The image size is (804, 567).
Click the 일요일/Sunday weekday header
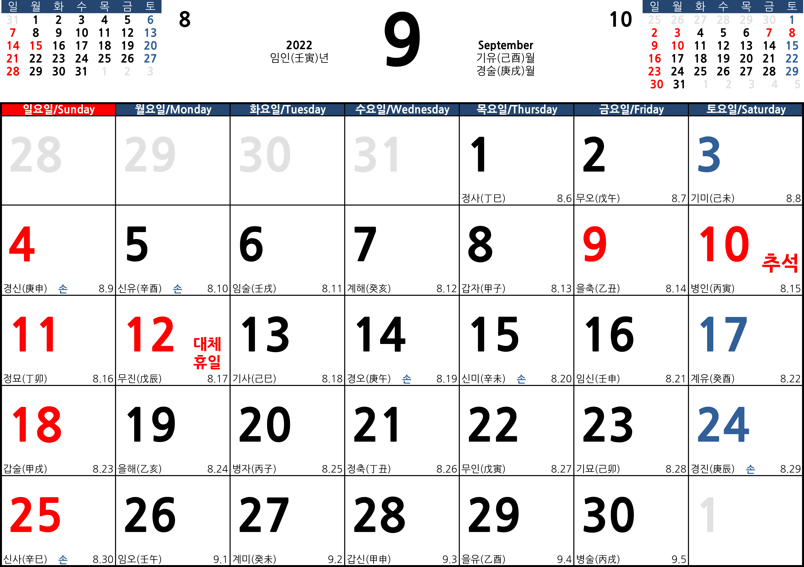point(58,109)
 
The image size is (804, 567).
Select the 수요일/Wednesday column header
point(402,109)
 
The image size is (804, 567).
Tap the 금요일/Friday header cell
point(631,109)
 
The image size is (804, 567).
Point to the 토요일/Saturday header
point(746,109)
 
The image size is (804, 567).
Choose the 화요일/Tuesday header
point(288,109)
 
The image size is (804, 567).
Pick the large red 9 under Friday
point(595,244)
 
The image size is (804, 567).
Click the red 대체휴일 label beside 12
point(207,353)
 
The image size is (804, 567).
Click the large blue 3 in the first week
point(709,154)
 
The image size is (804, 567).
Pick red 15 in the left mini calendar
point(36,46)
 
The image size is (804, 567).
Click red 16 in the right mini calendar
point(654,58)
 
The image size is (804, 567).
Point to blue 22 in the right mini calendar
point(792,58)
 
